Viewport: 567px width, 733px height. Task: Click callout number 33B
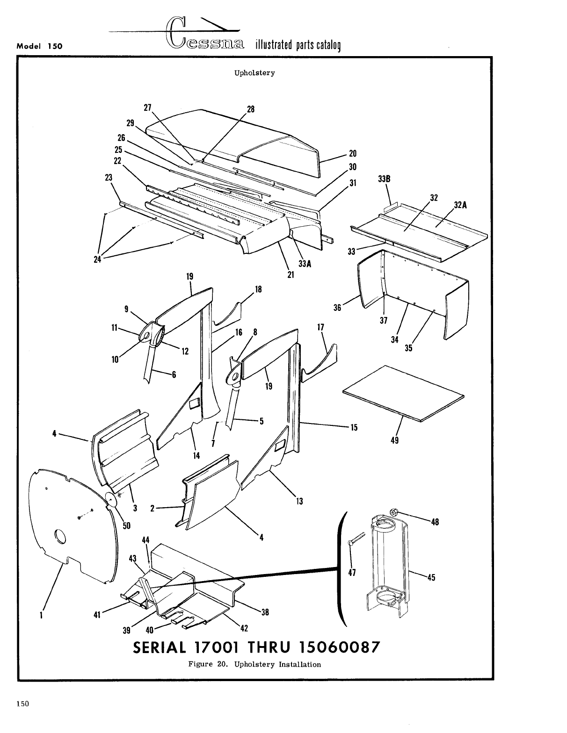click(x=384, y=179)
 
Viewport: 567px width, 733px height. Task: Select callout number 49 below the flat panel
click(x=394, y=440)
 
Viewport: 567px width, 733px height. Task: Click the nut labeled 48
click(x=393, y=513)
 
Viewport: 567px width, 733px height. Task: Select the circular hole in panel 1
click(x=60, y=537)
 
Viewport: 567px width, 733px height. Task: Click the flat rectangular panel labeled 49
click(x=404, y=393)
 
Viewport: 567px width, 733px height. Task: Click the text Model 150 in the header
click(x=40, y=46)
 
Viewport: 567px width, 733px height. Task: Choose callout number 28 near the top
click(x=251, y=109)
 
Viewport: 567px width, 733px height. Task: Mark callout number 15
click(x=354, y=427)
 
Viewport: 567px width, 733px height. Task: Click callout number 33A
click(x=305, y=264)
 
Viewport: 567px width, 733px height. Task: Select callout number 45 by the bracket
click(x=431, y=577)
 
